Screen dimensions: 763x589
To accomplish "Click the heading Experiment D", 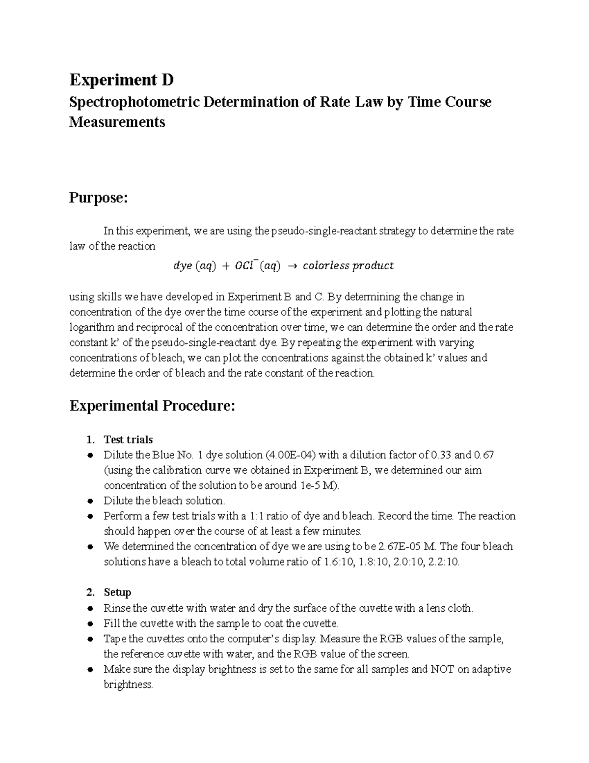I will [x=121, y=79].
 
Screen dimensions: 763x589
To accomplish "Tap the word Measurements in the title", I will [x=117, y=122].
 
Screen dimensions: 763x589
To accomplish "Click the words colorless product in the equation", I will [x=348, y=266].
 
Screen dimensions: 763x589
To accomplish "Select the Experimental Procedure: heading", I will [x=152, y=406].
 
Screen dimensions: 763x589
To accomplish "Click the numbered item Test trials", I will [x=128, y=439].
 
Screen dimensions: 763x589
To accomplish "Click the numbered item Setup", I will [x=117, y=592].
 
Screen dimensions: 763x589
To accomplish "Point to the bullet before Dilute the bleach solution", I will [x=90, y=501].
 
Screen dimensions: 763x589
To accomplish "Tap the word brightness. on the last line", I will [x=128, y=684].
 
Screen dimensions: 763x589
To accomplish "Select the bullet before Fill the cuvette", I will [x=90, y=624].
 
